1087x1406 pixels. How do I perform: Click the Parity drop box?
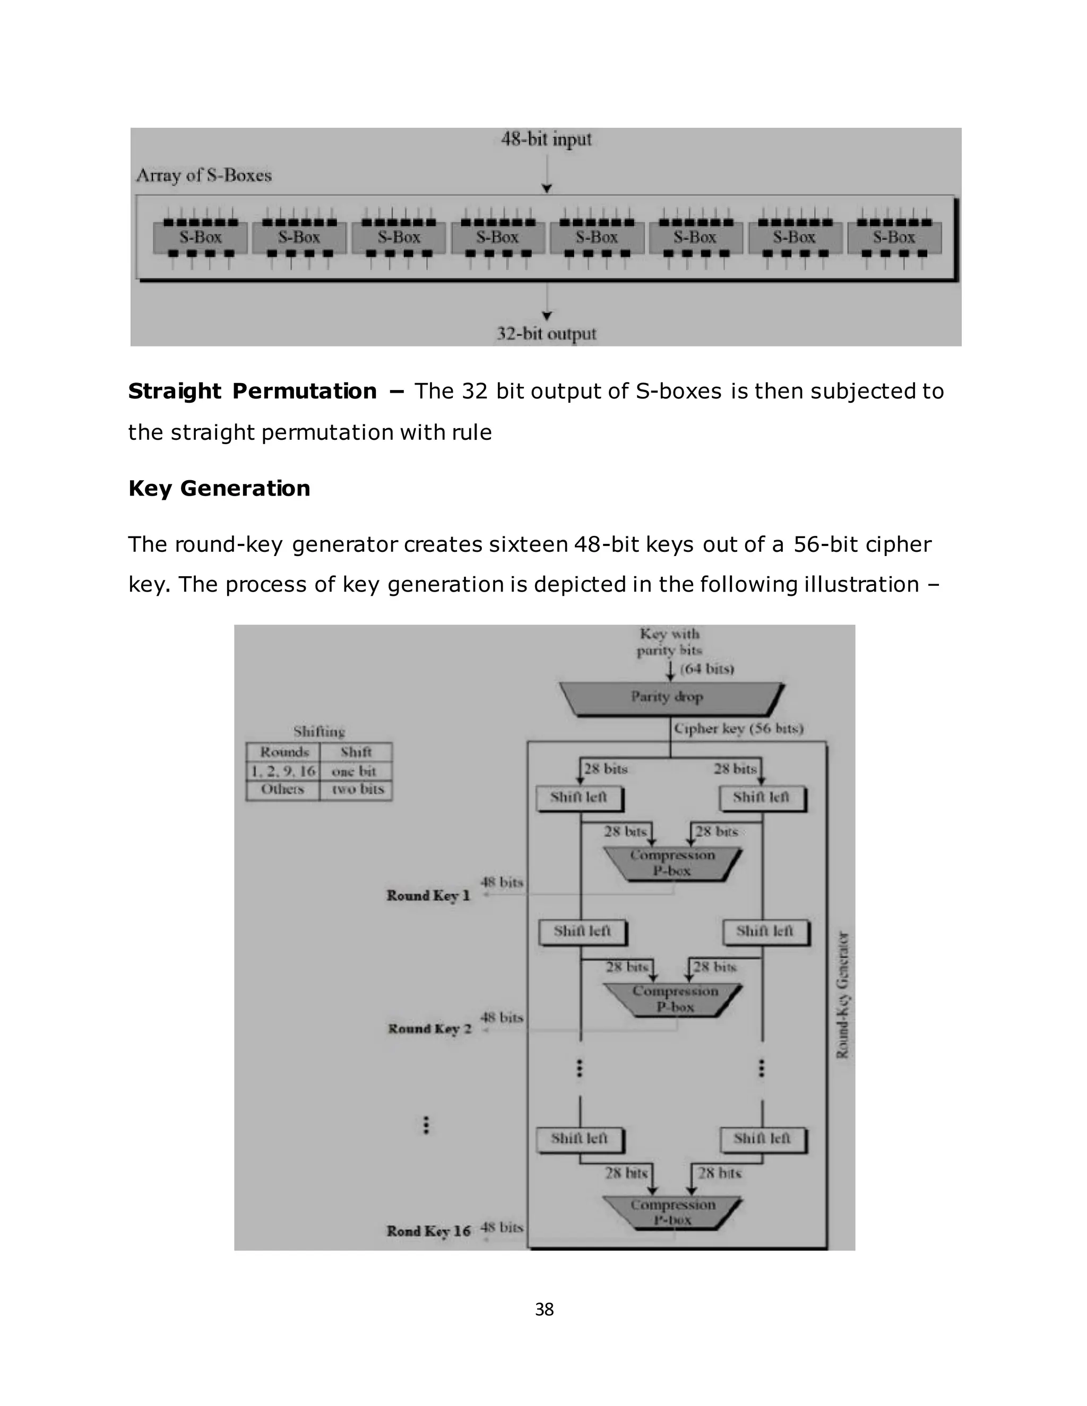coord(670,698)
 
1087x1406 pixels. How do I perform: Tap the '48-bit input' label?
coord(546,139)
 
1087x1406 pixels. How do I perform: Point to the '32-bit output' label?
coord(546,334)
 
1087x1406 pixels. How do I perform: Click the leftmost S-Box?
coord(200,238)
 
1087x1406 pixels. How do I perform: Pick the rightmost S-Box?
coord(894,238)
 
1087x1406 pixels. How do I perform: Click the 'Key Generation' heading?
coord(219,488)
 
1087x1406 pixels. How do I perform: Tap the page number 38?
coord(544,1309)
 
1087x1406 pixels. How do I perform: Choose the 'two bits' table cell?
coord(357,789)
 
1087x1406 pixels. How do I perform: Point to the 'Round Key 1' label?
coord(428,896)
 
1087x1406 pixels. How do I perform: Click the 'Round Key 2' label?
coord(429,1029)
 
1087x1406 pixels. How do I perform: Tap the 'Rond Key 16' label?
coord(428,1231)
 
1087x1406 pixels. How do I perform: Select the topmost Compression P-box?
coord(672,863)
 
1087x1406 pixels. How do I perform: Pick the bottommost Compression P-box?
coord(672,1212)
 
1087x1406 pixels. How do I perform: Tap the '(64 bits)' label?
coord(707,669)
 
